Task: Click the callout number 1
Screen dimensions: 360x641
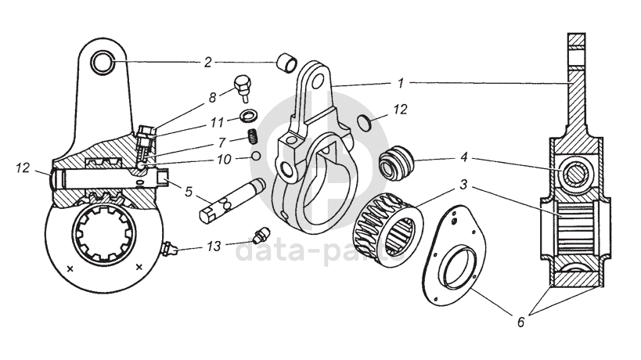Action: [x=401, y=81]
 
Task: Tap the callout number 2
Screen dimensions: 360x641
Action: [x=208, y=61]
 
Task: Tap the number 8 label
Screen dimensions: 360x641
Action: [x=212, y=99]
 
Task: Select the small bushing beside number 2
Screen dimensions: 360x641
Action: [x=286, y=61]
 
